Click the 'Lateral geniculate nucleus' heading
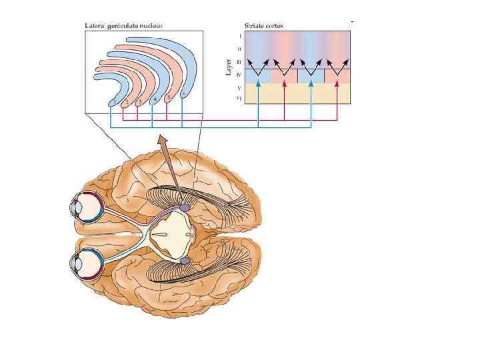[125, 25]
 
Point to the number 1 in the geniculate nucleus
[115, 103]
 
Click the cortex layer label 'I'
[239, 36]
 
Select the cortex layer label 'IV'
[239, 75]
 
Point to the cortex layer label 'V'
[239, 87]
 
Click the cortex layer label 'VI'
[239, 99]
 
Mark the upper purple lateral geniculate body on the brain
[183, 209]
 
